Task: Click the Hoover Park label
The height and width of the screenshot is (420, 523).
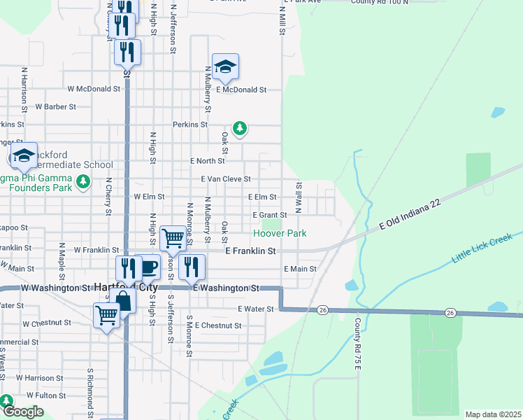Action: click(280, 232)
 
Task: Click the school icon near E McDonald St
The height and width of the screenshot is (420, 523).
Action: click(225, 67)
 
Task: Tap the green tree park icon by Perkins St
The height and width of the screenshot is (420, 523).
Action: click(240, 128)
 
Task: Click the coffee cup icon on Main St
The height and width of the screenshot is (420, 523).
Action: click(148, 267)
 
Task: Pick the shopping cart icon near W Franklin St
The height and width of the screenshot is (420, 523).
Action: click(173, 238)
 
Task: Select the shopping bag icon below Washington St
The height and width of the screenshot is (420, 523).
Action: click(123, 302)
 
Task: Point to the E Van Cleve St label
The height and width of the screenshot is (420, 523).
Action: click(226, 179)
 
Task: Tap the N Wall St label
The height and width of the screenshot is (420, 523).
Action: click(299, 197)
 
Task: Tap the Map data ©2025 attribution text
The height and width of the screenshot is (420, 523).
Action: click(493, 415)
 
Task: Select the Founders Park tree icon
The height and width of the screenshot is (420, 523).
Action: click(84, 183)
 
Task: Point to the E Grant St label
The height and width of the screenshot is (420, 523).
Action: click(270, 215)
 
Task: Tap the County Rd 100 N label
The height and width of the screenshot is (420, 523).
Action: click(380, 2)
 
